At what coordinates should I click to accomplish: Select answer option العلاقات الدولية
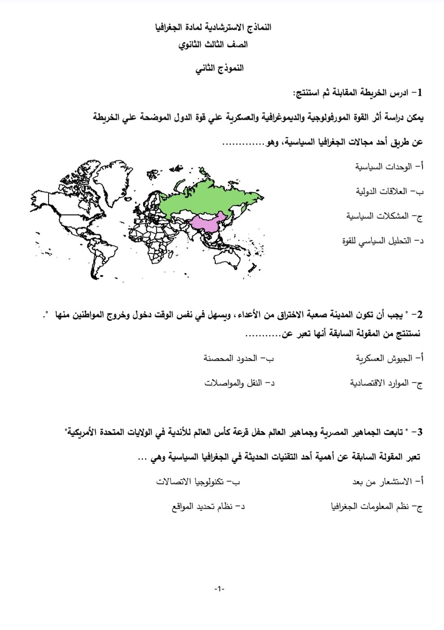(x=390, y=192)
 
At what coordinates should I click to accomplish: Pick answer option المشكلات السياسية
(x=385, y=216)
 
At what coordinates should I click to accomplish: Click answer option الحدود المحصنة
(x=238, y=359)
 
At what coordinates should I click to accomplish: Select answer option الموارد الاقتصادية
(x=386, y=383)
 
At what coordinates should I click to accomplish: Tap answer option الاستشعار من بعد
(x=387, y=482)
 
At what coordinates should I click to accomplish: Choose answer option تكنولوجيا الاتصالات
(x=198, y=482)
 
